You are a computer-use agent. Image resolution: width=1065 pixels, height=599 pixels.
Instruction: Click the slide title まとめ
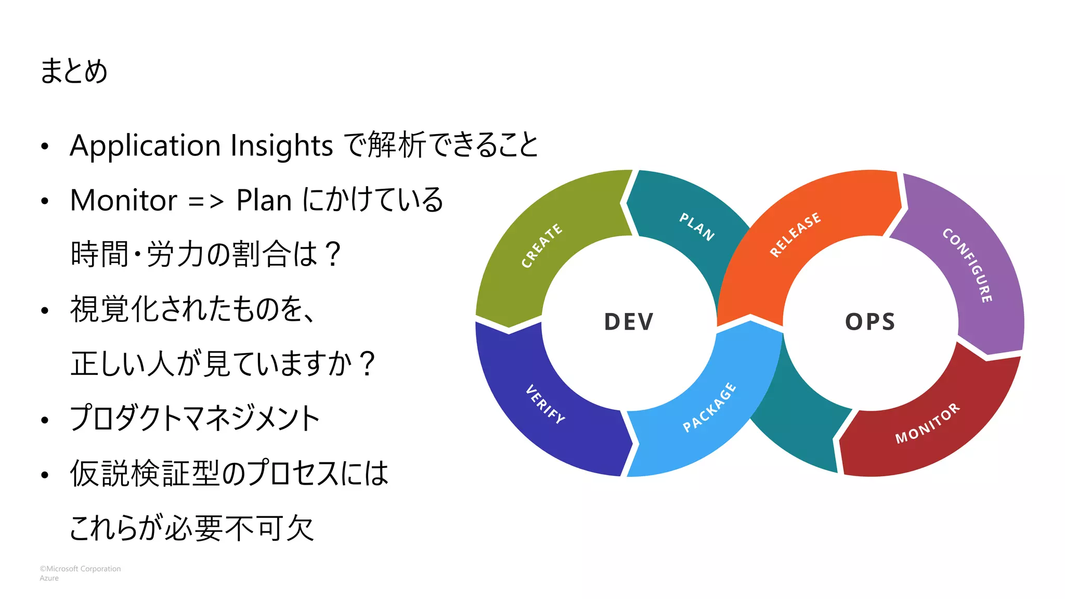[73, 71]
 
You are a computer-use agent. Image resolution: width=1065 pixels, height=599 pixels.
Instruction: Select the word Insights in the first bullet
[281, 146]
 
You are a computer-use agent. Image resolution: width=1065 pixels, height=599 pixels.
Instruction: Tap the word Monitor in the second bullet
[124, 200]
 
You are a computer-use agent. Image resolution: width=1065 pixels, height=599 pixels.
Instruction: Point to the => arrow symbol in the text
[206, 201]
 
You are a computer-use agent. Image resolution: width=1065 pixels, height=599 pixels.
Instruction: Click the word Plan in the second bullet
[264, 200]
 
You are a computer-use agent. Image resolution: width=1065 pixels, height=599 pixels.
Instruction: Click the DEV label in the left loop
[628, 322]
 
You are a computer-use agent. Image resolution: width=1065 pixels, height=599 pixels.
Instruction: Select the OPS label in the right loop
[870, 322]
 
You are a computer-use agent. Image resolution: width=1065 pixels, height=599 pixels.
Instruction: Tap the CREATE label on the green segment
[542, 245]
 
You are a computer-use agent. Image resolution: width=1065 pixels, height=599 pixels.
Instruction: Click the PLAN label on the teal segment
[697, 226]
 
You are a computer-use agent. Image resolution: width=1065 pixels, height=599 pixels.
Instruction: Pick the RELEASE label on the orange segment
[795, 234]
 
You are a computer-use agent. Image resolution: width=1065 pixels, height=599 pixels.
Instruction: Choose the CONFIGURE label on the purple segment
[968, 265]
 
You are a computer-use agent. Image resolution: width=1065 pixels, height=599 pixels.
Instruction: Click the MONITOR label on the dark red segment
[927, 423]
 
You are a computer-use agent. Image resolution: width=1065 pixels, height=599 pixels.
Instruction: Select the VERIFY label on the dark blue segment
[545, 404]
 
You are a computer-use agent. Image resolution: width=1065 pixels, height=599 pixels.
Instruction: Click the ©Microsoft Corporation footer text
[80, 569]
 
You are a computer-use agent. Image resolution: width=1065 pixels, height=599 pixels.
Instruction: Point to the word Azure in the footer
[49, 578]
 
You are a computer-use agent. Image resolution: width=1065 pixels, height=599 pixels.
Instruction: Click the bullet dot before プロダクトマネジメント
[45, 420]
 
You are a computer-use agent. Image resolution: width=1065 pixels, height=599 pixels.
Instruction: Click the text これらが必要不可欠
[191, 528]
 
